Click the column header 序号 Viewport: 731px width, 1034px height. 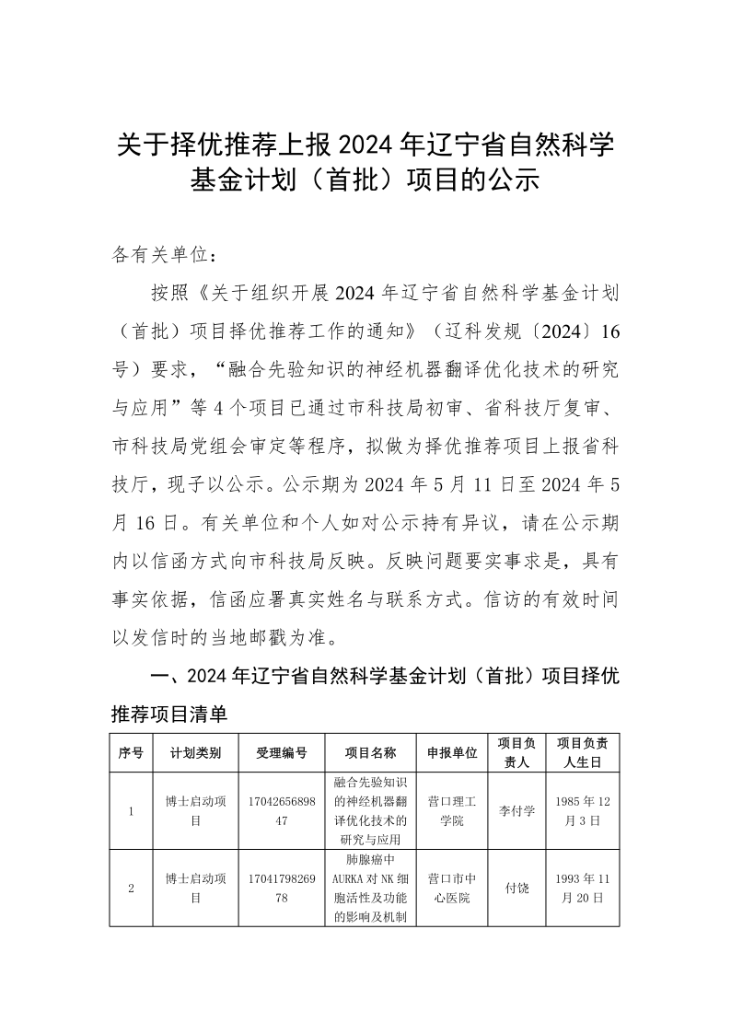pyautogui.click(x=131, y=752)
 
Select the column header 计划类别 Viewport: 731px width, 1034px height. pyautogui.click(x=195, y=752)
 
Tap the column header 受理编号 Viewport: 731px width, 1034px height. pyautogui.click(x=282, y=752)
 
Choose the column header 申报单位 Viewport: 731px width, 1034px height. pyautogui.click(x=452, y=752)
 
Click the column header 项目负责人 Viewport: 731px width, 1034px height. pyautogui.click(x=516, y=752)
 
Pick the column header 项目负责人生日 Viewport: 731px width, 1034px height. pyautogui.click(x=582, y=752)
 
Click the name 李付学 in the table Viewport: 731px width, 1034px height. pyautogui.click(x=516, y=811)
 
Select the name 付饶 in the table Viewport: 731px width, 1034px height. pyautogui.click(x=516, y=889)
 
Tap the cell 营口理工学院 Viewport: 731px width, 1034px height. pyautogui.click(x=452, y=811)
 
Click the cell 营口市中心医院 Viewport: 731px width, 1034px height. pyautogui.click(x=452, y=889)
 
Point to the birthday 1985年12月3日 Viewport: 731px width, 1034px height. pyautogui.click(x=582, y=811)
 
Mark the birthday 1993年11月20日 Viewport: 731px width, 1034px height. pyautogui.click(x=582, y=889)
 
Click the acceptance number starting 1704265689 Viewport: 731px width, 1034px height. pyautogui.click(x=282, y=811)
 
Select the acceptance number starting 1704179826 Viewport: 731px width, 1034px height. pyautogui.click(x=282, y=889)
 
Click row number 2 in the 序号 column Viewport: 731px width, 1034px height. pyautogui.click(x=131, y=889)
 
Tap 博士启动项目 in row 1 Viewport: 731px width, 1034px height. pyautogui.click(x=195, y=811)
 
